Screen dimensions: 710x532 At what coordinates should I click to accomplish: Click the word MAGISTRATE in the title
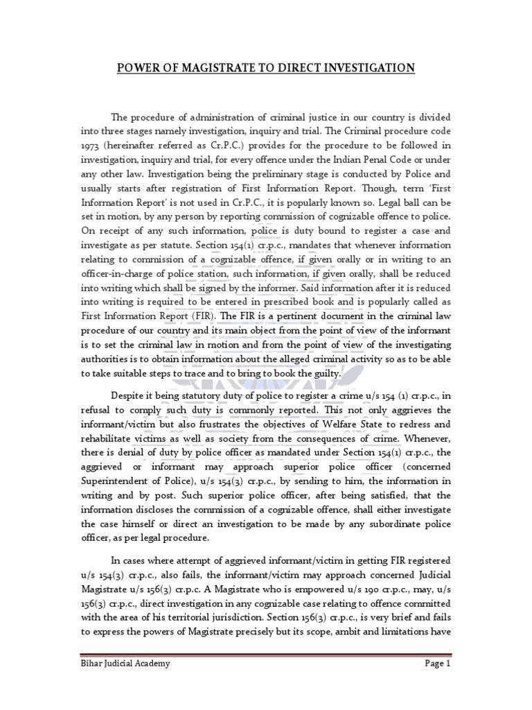point(220,68)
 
